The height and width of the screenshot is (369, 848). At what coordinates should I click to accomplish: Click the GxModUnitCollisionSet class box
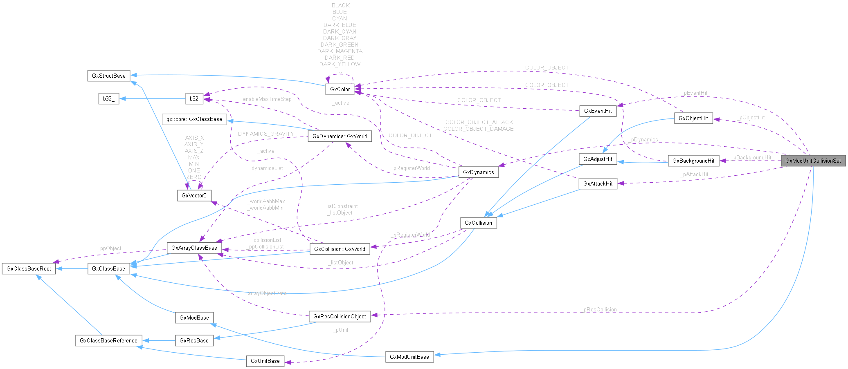click(813, 161)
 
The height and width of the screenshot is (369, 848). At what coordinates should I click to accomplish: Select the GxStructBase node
click(108, 76)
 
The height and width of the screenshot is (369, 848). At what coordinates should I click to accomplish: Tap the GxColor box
click(340, 89)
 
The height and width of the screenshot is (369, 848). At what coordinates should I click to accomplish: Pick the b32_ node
click(109, 98)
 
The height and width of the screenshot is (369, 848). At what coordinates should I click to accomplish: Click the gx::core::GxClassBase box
click(194, 119)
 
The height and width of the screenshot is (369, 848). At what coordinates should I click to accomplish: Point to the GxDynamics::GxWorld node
click(340, 136)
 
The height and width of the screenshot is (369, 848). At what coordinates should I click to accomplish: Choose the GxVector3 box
click(194, 195)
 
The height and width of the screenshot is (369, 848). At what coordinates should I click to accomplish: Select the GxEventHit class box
click(598, 111)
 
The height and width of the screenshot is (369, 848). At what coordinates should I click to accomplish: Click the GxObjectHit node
click(693, 118)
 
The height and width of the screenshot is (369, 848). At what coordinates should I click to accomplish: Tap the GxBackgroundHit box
click(693, 161)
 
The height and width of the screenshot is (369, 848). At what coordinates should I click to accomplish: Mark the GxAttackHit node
click(598, 183)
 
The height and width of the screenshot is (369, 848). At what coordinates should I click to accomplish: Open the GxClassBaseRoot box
click(29, 268)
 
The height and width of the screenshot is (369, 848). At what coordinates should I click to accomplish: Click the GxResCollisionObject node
click(340, 316)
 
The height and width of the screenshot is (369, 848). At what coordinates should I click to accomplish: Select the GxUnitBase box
click(265, 361)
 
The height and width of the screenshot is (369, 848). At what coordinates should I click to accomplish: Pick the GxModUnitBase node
click(409, 357)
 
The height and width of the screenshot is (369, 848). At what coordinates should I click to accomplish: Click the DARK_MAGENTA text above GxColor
click(340, 51)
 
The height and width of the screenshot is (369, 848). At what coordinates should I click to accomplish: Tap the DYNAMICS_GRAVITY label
click(266, 134)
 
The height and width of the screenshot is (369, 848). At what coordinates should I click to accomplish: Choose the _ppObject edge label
click(109, 248)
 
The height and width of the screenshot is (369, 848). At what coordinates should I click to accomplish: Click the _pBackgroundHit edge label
click(751, 157)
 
